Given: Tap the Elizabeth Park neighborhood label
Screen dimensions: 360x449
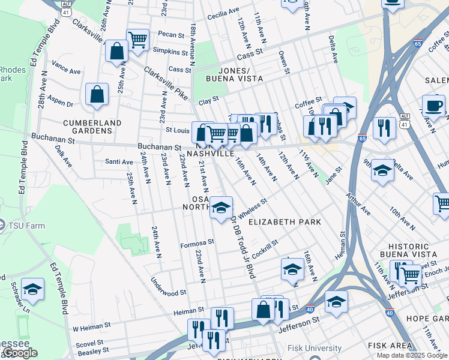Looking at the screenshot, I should coord(285,222).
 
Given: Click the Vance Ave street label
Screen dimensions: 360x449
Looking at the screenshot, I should coord(66,71).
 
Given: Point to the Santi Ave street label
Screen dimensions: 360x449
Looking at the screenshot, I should coord(119,162).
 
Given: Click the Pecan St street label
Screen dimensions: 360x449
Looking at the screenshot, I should coord(171,35).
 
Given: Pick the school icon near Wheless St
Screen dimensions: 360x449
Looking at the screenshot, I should coord(221,208).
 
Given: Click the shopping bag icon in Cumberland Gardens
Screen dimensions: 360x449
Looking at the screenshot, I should coord(97,94).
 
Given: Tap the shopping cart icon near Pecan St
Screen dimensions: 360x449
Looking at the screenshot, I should coord(137,40).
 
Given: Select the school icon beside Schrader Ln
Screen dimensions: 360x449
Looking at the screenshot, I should coord(32,289).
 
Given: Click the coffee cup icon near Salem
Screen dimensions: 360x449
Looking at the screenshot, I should coord(433,106).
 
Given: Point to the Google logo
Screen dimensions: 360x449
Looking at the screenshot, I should coord(20,353).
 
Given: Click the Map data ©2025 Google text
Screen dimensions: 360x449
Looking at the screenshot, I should coord(411,355).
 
